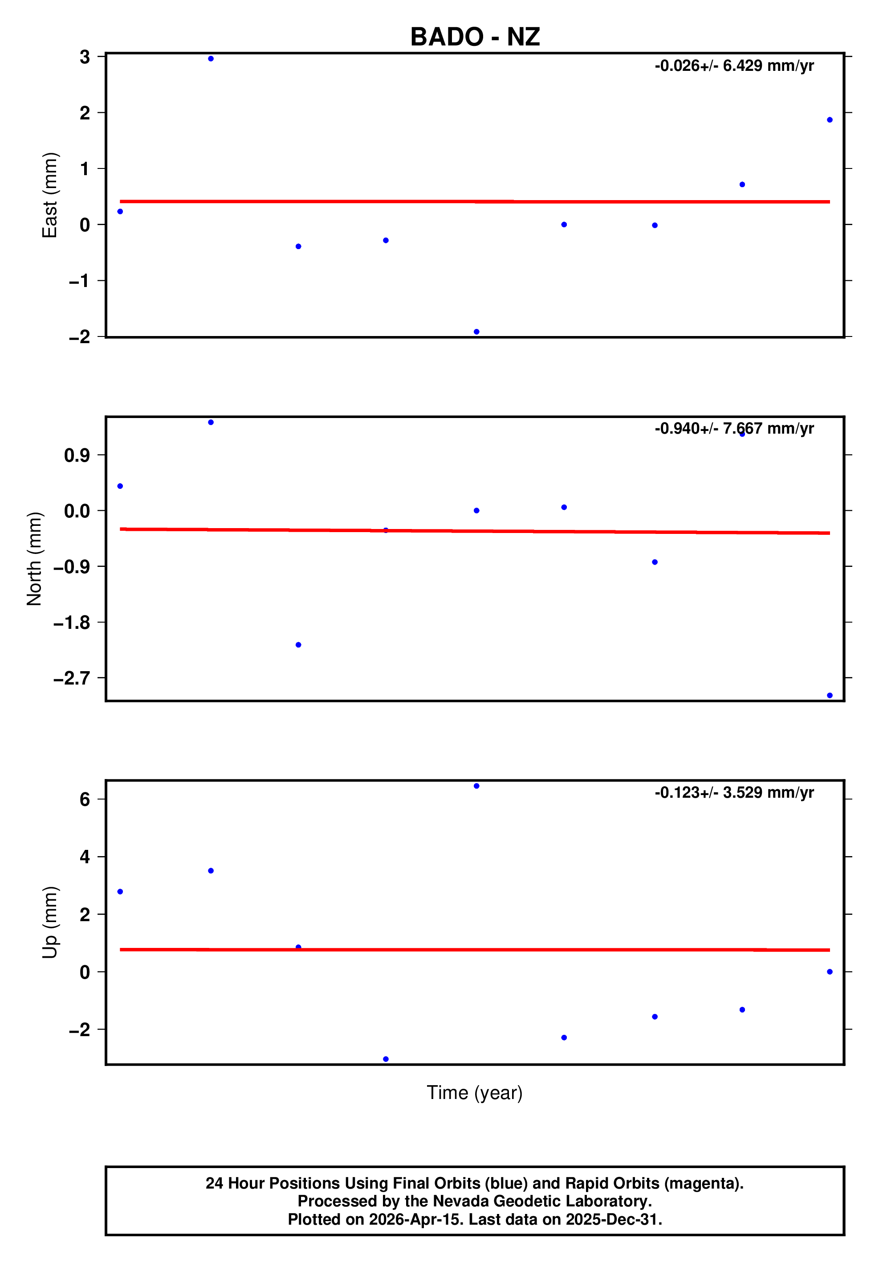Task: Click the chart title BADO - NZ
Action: pos(475,37)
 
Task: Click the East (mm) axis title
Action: pos(50,195)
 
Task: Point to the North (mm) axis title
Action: pos(35,559)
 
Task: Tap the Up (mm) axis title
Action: pos(50,923)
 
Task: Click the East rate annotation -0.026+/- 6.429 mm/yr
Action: pos(734,66)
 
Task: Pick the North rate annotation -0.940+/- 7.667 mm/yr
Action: pos(734,429)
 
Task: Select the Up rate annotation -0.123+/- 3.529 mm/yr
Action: pos(734,793)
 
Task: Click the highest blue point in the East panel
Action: pos(211,59)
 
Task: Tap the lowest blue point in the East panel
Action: pos(476,332)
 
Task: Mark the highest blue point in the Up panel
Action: pos(476,786)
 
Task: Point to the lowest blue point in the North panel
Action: pos(830,695)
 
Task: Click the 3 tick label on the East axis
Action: pos(85,57)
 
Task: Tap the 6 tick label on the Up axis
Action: pos(85,799)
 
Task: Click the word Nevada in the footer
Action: pos(460,1201)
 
